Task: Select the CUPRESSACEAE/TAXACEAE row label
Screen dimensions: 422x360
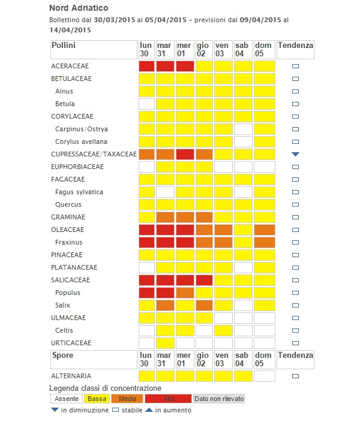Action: (94, 154)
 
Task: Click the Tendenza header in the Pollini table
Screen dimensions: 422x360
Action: (295, 45)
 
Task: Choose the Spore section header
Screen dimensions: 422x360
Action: (62, 355)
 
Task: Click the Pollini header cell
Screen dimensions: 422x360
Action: (64, 45)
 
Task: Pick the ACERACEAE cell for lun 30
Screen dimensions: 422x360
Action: (147, 66)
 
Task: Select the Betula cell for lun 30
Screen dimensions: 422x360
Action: (147, 104)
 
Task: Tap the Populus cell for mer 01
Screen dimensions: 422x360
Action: (185, 293)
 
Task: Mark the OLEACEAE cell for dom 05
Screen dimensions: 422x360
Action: (264, 230)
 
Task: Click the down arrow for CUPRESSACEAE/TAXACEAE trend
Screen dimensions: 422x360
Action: (295, 154)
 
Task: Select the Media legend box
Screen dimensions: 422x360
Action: (125, 399)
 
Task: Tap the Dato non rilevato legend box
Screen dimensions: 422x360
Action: (218, 399)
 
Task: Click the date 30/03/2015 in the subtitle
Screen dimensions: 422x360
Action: (115, 20)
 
